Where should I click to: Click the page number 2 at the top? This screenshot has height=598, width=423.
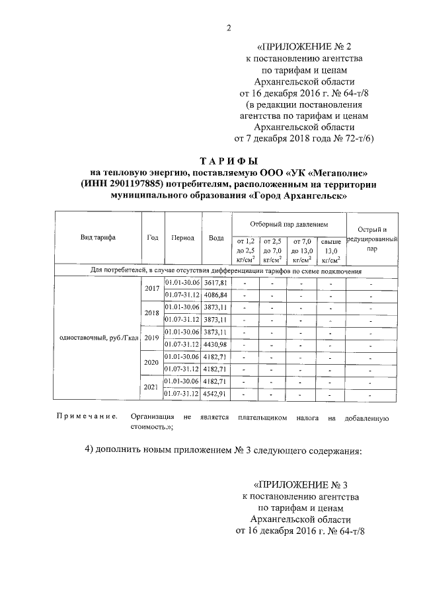pos(229,27)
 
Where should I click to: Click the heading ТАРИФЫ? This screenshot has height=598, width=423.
pos(228,161)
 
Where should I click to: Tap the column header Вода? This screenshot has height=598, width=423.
pos(215,238)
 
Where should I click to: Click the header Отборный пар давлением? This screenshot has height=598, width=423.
pos(288,225)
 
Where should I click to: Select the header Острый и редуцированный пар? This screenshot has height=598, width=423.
pos(372,238)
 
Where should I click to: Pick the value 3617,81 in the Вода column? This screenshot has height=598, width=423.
pos(215,283)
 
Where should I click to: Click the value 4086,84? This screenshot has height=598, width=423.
pos(215,295)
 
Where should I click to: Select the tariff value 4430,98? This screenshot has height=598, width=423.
pos(215,344)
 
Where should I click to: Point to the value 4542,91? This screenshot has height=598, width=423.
pos(215,394)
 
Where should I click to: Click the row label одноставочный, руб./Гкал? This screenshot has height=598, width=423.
pos(98,338)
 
